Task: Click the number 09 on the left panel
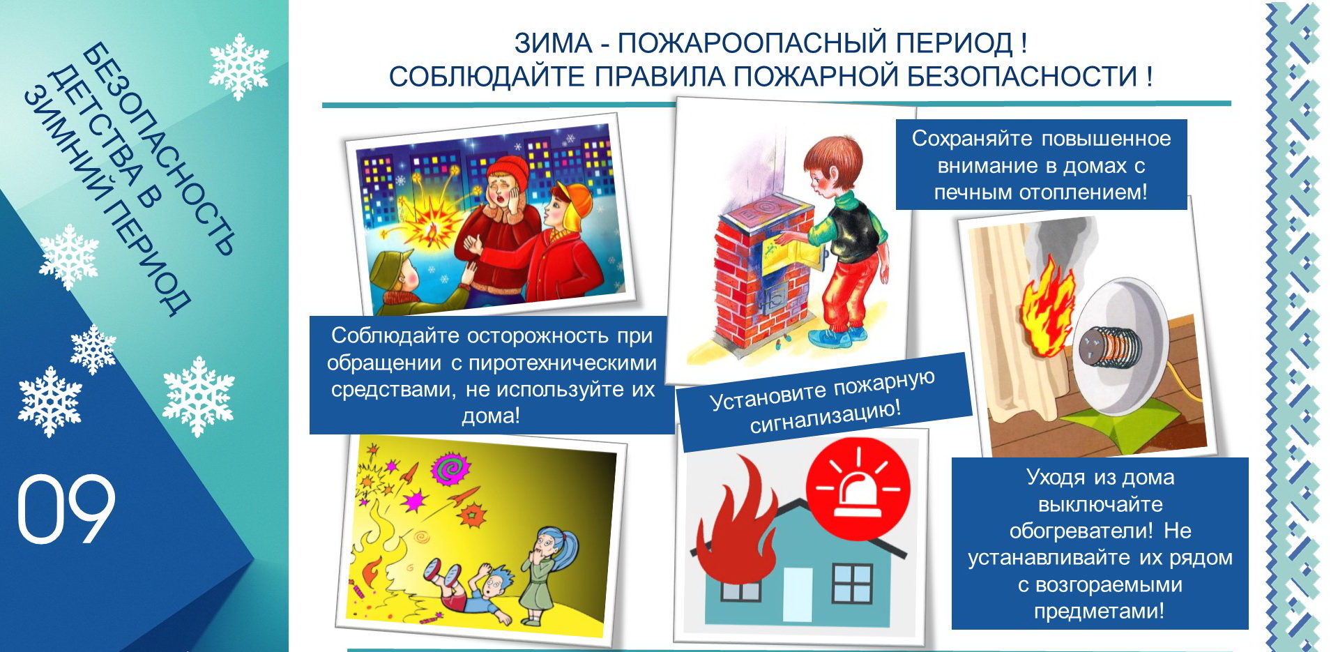click(x=66, y=509)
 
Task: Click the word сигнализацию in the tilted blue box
click(x=826, y=416)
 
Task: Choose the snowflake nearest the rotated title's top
click(x=239, y=66)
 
